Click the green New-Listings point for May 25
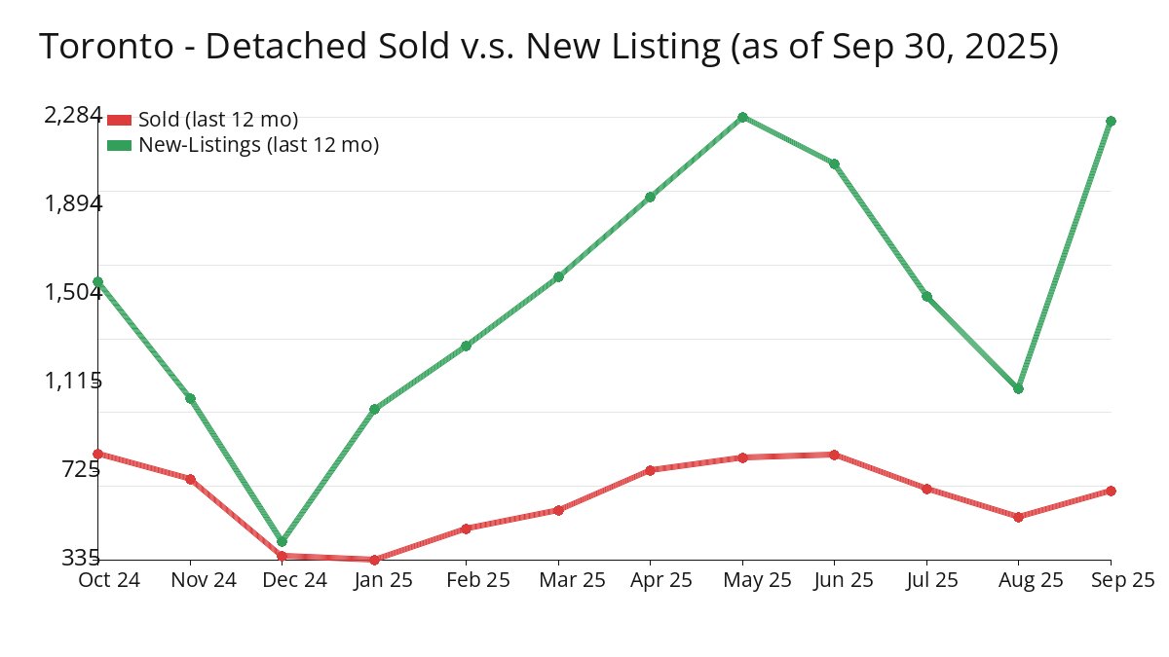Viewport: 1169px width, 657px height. coord(742,118)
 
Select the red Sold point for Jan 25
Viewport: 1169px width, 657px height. coord(374,560)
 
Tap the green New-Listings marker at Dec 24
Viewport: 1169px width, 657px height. coord(282,541)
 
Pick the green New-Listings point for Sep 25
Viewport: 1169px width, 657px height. coord(1111,121)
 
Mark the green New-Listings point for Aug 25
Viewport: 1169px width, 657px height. coord(1019,388)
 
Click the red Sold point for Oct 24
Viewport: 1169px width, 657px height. coord(97,454)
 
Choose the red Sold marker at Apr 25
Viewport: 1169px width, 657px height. coord(650,470)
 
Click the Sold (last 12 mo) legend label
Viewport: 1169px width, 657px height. coord(218,120)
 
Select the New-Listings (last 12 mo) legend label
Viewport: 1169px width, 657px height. coord(258,145)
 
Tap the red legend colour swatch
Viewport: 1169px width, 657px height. coord(119,120)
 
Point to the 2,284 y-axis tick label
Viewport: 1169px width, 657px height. coord(73,115)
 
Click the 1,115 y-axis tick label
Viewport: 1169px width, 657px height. coord(73,381)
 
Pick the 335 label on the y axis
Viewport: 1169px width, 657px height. coord(81,558)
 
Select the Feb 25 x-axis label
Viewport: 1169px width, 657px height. coord(466,580)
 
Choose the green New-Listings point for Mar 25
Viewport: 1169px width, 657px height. coord(558,277)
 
